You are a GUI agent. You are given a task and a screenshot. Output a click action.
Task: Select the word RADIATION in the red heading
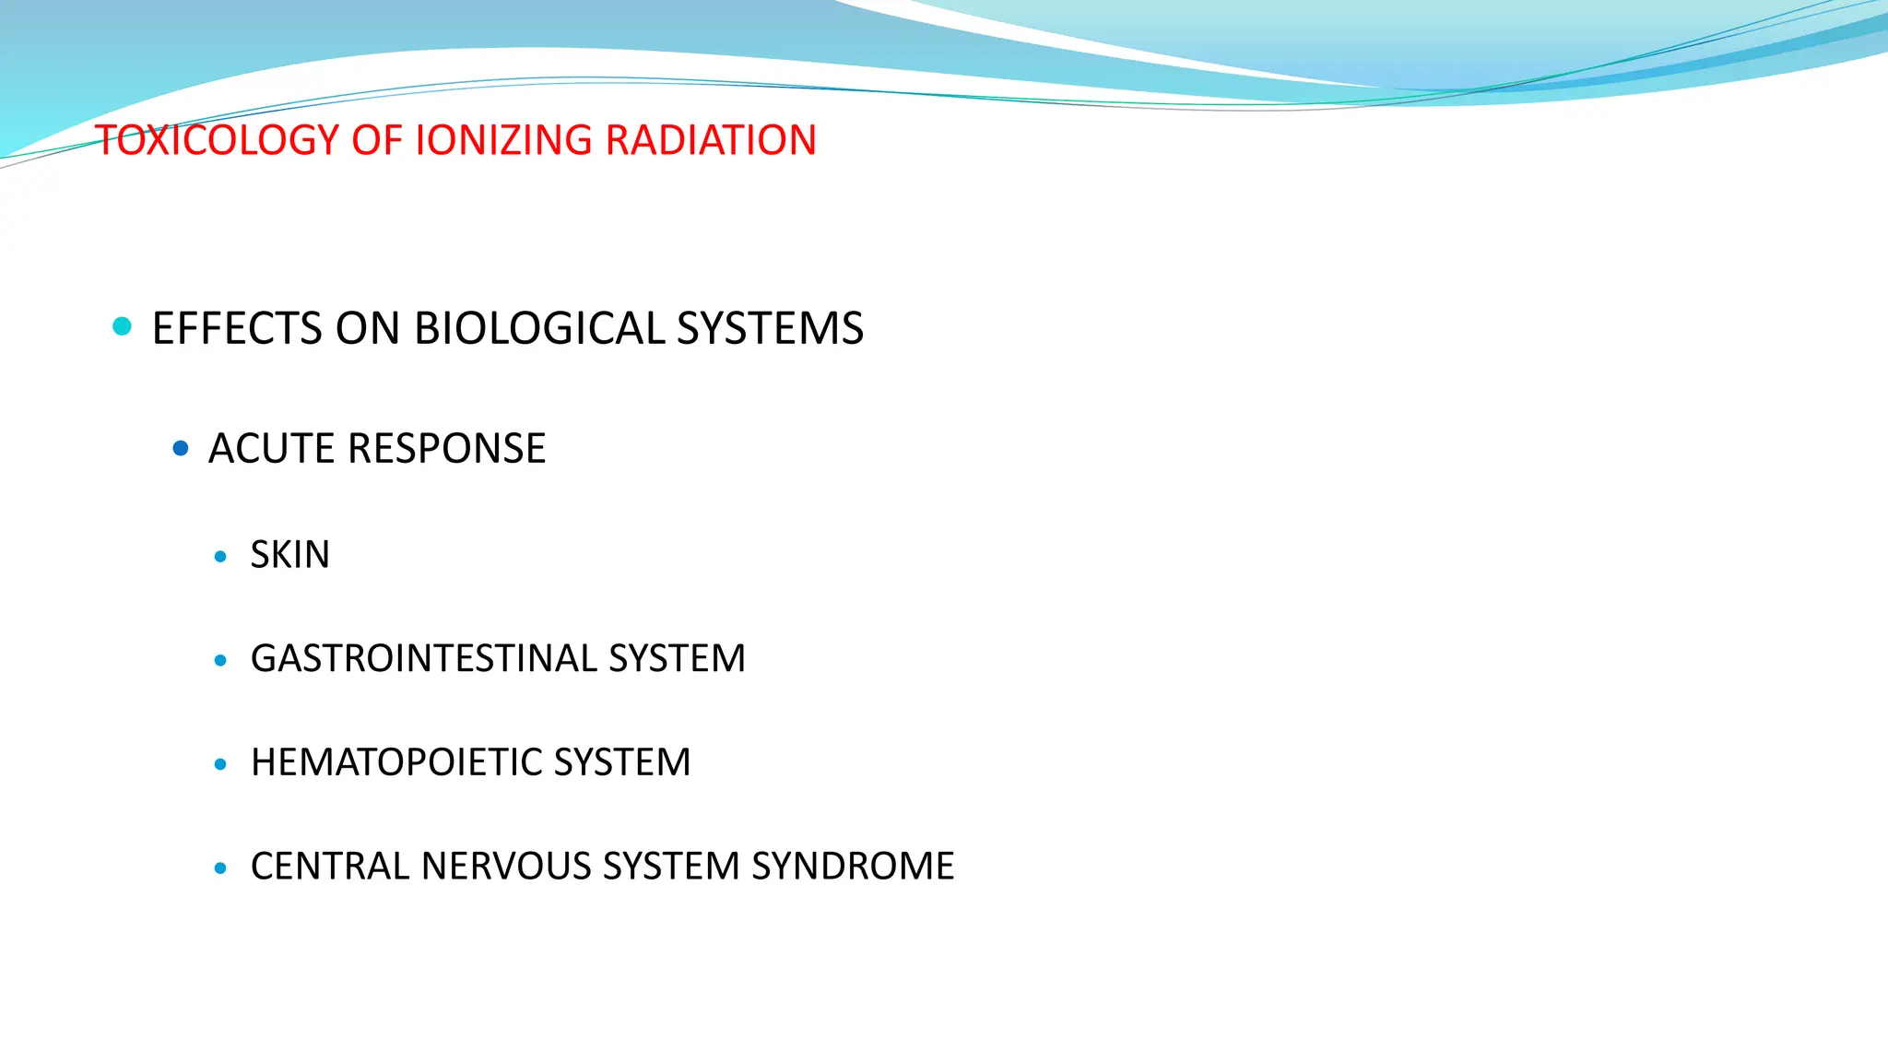point(711,140)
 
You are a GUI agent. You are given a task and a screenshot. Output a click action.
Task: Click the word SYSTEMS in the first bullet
point(770,328)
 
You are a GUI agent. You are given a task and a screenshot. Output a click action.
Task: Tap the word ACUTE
point(271,449)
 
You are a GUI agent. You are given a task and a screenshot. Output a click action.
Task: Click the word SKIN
point(289,555)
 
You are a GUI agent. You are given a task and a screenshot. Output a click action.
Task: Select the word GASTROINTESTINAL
point(423,659)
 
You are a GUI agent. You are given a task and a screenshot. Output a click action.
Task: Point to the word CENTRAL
point(330,867)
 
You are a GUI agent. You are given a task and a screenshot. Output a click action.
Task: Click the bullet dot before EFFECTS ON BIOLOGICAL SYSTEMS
point(122,326)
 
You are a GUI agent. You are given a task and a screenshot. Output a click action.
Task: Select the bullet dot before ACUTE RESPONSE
point(181,449)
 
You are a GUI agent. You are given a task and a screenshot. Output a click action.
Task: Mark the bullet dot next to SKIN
point(220,556)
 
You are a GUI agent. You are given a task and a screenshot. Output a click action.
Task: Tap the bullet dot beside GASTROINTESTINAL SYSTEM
point(220,660)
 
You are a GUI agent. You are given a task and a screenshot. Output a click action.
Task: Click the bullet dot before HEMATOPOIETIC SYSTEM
point(220,764)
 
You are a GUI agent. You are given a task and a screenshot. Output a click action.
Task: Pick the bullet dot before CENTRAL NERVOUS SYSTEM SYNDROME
point(220,867)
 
